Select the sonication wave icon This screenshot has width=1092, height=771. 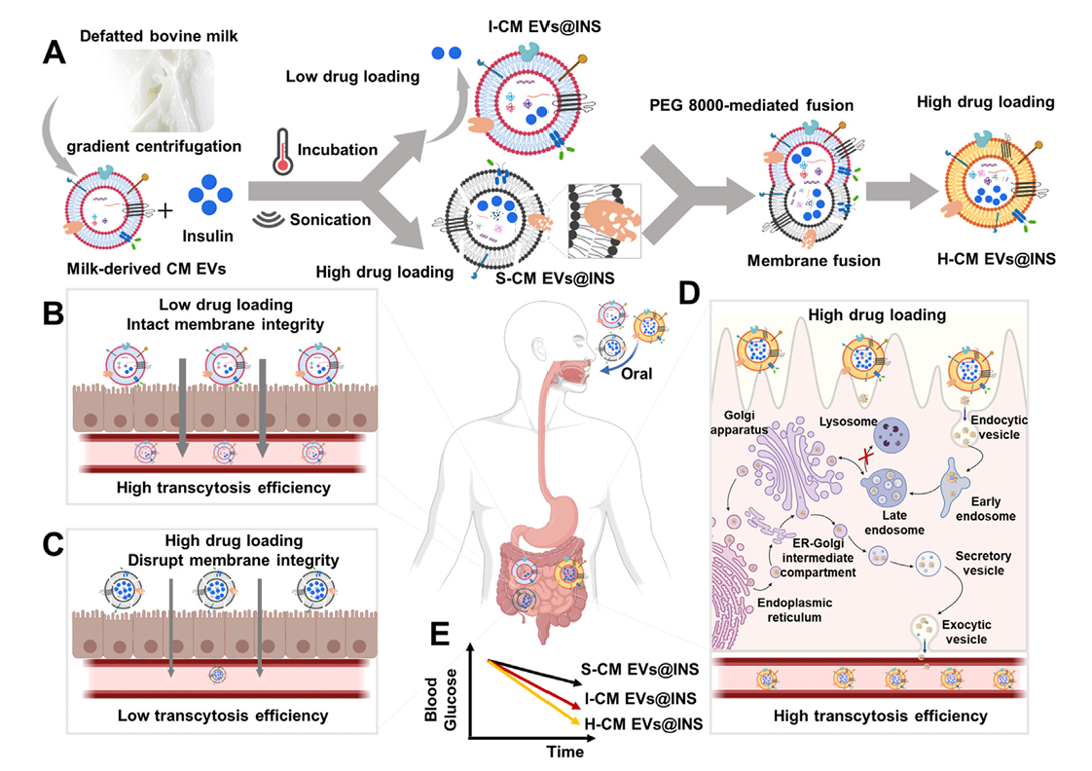coord(268,219)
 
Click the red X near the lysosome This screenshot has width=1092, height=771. coord(861,457)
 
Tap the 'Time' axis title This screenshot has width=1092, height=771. coord(564,752)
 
